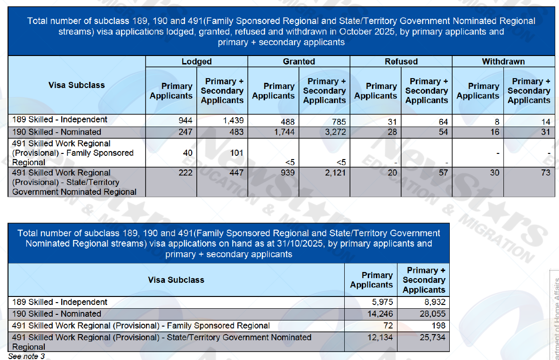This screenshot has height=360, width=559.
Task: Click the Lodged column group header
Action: click(x=196, y=62)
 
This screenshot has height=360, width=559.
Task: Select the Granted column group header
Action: click(x=299, y=62)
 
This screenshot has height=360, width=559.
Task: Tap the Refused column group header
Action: click(x=401, y=62)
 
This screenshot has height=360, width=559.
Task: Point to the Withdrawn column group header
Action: click(x=503, y=62)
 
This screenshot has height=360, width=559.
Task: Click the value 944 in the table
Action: click(x=185, y=120)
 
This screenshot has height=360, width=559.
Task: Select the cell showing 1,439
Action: click(x=233, y=120)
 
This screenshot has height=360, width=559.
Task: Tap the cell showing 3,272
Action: click(x=334, y=132)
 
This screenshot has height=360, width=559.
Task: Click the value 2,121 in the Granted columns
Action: click(x=334, y=173)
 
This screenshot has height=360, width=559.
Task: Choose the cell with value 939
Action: click(x=288, y=173)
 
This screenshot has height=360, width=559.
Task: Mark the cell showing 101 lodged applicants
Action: click(x=237, y=152)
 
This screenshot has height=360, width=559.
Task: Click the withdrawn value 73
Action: click(x=545, y=173)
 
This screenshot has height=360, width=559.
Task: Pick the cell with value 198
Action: click(x=437, y=326)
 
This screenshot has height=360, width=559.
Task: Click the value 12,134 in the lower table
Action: click(x=378, y=337)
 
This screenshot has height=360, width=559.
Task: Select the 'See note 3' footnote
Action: click(x=26, y=356)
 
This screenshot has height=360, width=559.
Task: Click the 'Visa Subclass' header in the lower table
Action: click(x=176, y=280)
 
